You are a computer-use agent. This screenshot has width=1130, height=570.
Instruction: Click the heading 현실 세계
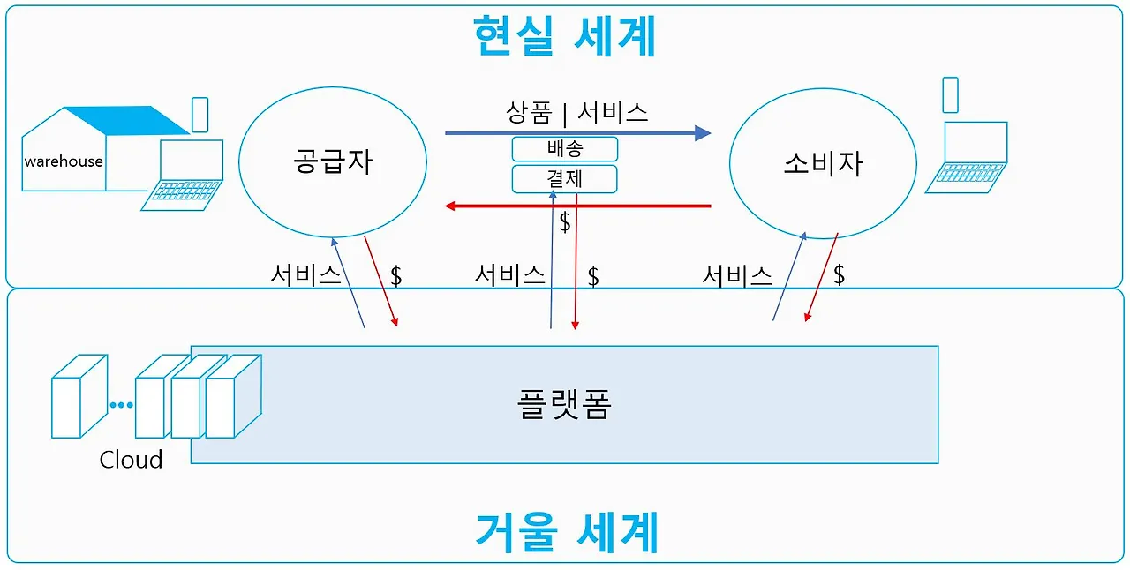coord(565,36)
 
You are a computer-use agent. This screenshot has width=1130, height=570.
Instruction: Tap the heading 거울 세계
coord(566,532)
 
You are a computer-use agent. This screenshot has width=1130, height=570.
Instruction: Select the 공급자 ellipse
coord(333,162)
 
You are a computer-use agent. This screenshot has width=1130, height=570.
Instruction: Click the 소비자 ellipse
coord(823,163)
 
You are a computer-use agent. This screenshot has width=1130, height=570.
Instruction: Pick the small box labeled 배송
coord(565,148)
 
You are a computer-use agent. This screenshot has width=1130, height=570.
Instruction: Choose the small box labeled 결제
coord(565,179)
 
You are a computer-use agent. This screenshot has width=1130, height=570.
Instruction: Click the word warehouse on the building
coord(64,161)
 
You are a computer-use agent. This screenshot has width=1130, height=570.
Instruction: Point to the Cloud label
coord(131,460)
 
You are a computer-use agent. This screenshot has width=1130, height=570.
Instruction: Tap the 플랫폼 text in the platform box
coord(563,404)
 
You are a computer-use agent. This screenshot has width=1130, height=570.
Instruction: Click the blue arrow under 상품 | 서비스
coord(577,133)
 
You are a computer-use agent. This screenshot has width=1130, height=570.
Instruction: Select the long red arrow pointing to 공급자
coord(577,206)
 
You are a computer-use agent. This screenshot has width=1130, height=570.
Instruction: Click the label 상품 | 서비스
coord(577,111)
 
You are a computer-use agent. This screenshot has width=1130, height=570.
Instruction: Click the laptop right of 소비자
coord(968,157)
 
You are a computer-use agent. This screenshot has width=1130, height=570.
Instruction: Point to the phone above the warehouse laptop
coord(200,115)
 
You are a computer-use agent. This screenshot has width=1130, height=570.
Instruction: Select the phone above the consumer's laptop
coord(950,95)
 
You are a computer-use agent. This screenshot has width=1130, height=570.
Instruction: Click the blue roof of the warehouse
coord(132,120)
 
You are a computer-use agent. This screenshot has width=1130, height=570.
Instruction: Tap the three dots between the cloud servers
coord(121,406)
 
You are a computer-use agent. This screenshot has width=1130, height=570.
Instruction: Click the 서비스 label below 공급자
coord(305,275)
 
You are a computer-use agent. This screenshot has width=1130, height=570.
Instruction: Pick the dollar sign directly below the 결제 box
coord(565,223)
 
